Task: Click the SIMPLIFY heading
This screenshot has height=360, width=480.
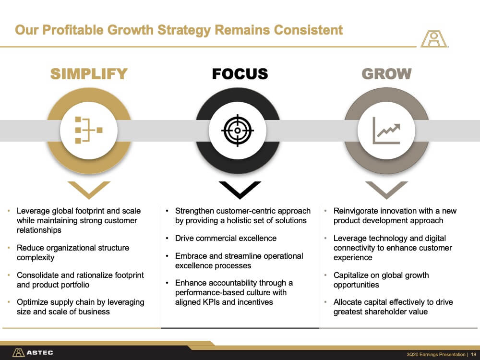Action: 89,74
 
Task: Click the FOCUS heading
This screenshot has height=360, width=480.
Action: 240,74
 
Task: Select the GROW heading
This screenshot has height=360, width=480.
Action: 386,74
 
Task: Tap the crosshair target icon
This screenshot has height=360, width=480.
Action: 238,131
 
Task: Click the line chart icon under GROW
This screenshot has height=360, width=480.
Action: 386,131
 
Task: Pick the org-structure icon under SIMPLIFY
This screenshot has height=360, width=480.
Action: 89,130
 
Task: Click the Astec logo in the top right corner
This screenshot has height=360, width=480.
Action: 434,39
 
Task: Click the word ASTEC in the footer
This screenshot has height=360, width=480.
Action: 40,353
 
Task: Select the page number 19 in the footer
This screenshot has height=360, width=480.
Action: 473,355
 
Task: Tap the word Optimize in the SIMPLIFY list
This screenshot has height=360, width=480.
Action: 32,302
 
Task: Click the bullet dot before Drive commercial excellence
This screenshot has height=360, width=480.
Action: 167,239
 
